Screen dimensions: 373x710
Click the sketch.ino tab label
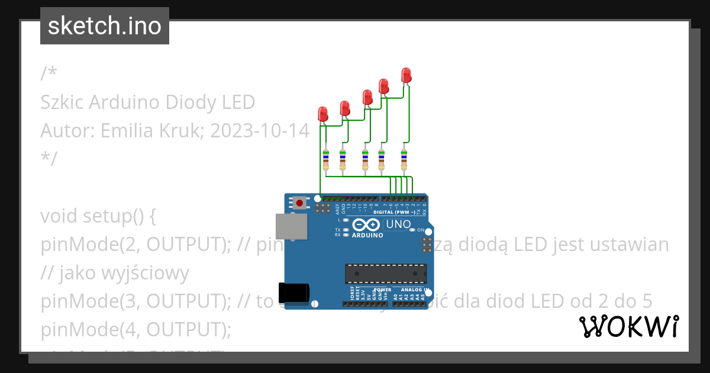(105, 26)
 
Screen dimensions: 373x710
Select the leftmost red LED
(322, 114)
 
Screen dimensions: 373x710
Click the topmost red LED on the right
(406, 75)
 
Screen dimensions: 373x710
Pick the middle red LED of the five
(367, 97)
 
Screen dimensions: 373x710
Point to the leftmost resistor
(325, 160)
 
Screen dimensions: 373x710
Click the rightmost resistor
(404, 160)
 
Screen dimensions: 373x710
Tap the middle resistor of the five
(365, 160)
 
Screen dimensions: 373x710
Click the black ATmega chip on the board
(386, 274)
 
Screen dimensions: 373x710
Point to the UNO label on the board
(398, 224)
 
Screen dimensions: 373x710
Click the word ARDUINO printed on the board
(367, 235)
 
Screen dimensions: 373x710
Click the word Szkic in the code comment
(62, 102)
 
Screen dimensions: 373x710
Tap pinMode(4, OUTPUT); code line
(135, 329)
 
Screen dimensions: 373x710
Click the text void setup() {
(98, 216)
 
